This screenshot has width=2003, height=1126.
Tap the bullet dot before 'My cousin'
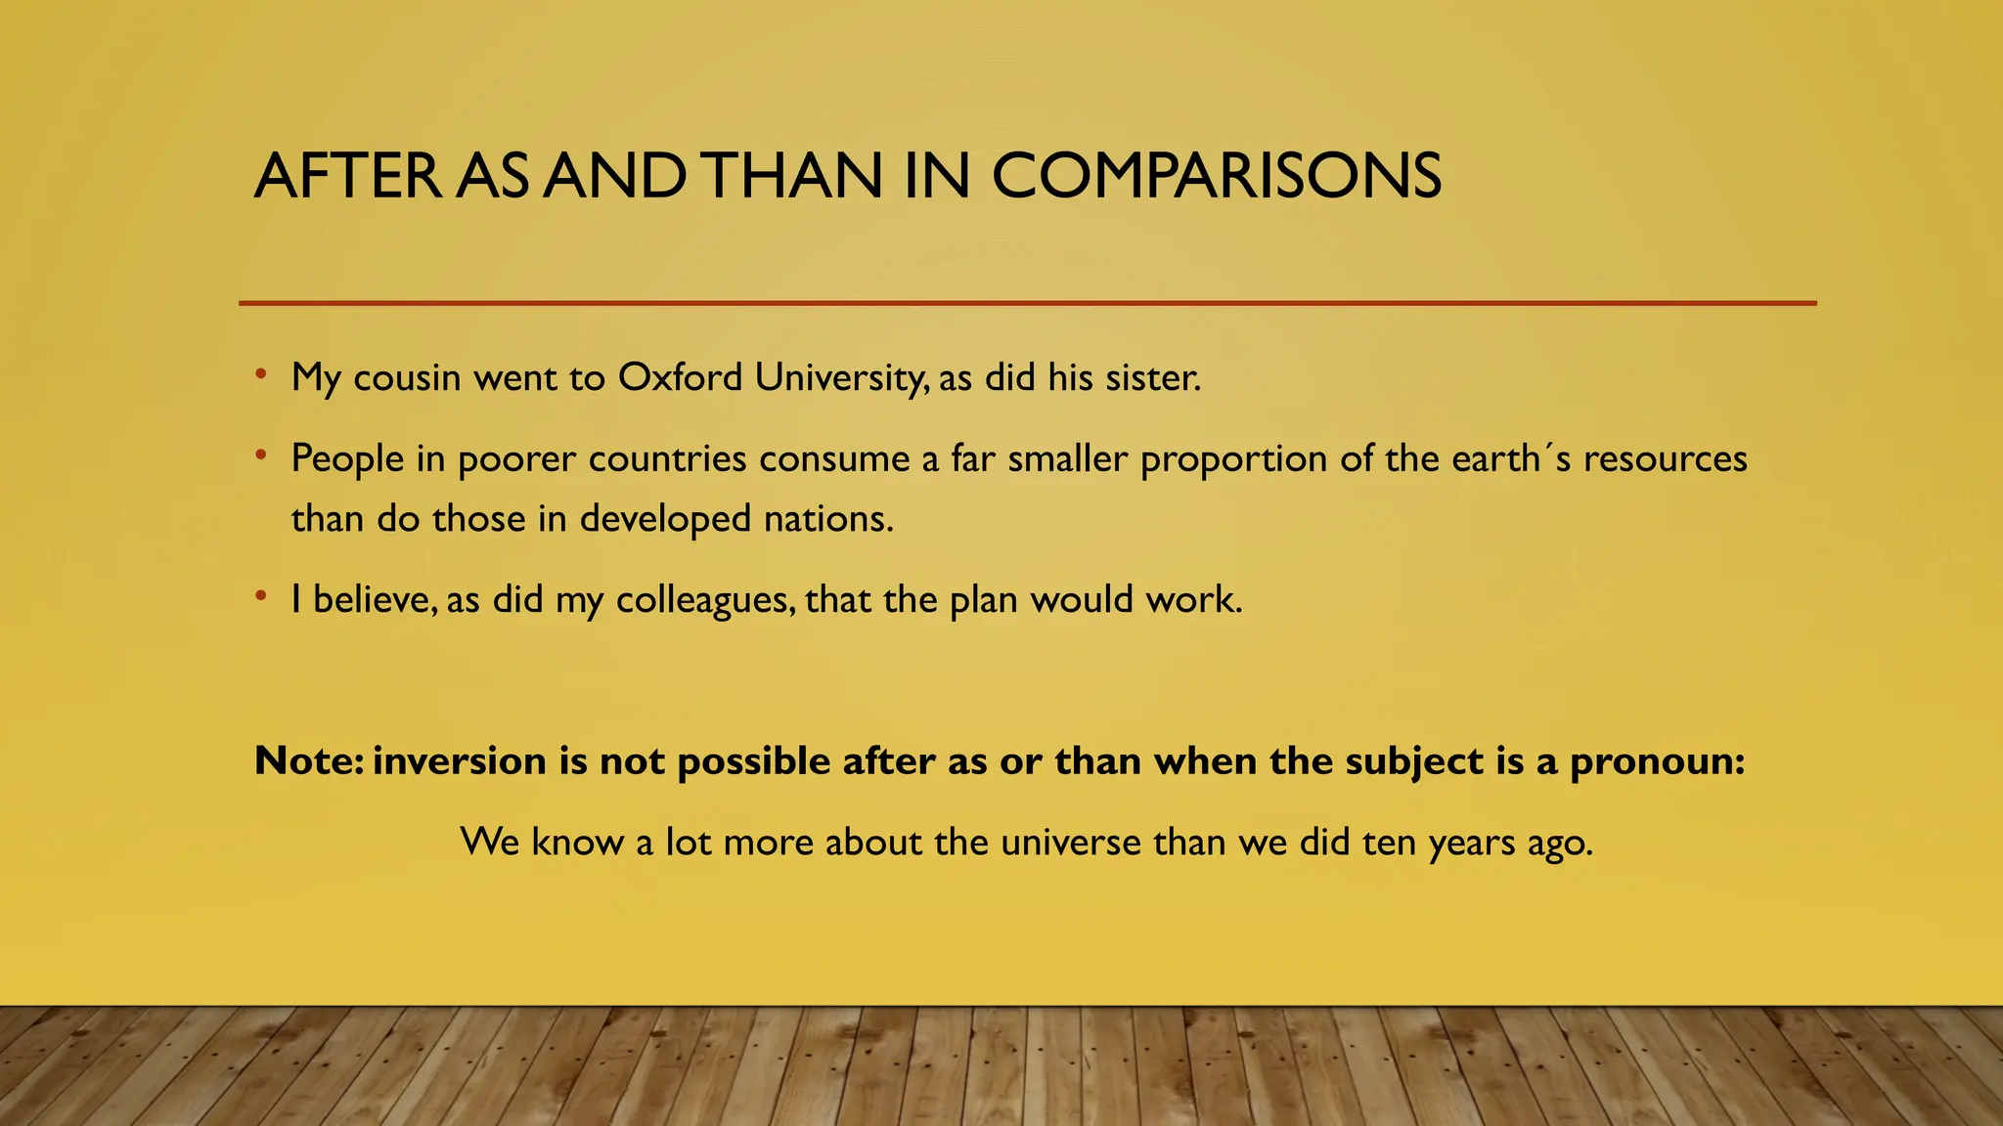[260, 374]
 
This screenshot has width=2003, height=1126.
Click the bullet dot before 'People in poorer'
[260, 455]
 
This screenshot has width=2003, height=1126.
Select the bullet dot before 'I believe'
[260, 596]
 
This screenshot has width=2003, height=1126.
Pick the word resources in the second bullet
[1665, 458]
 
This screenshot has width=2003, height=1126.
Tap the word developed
[665, 519]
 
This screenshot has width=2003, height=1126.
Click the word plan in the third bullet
[983, 599]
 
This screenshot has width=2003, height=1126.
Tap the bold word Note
[307, 760]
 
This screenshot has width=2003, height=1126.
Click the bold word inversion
[459, 760]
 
